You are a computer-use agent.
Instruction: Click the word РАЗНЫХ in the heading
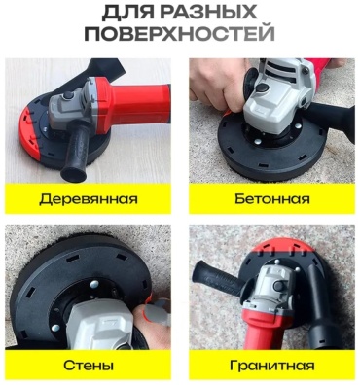(x=208, y=13)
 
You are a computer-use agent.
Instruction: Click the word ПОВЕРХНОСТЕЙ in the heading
(x=179, y=34)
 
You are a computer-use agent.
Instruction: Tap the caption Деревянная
(x=89, y=199)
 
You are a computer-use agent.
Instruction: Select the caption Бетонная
(x=272, y=198)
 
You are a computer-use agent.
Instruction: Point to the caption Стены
(x=89, y=366)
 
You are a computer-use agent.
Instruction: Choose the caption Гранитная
(x=272, y=366)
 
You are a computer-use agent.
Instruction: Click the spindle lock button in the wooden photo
(x=68, y=95)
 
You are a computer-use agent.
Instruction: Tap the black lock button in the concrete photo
(x=262, y=87)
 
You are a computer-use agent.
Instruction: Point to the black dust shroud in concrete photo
(x=272, y=150)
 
